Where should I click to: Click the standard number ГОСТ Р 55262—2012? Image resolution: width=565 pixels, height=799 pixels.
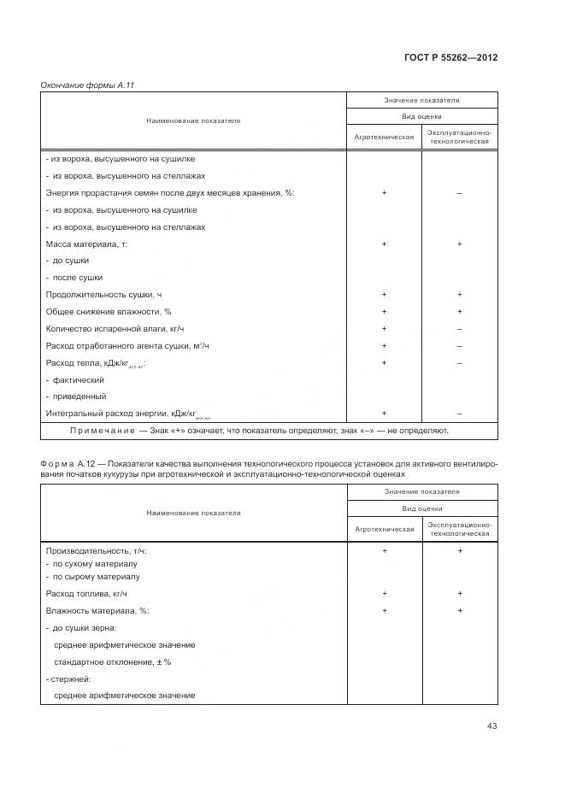[x=450, y=57]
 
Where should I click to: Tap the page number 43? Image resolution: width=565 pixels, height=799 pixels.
[x=491, y=726]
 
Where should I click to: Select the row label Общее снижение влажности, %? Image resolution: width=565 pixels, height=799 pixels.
[x=108, y=312]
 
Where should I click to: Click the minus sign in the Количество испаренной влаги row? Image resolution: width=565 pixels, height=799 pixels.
[x=459, y=329]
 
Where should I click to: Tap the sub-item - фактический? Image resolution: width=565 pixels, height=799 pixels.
[x=75, y=379]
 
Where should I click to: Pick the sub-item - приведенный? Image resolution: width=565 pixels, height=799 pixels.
[x=76, y=397]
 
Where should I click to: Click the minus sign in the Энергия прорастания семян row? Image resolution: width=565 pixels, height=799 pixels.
[x=459, y=193]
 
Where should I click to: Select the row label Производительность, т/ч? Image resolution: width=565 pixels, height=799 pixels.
[x=95, y=551]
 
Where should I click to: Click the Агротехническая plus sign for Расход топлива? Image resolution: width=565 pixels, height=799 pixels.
[x=384, y=593]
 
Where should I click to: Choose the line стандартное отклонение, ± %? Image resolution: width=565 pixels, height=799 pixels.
[x=112, y=661]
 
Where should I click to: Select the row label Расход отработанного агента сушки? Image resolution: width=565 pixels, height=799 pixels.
[x=127, y=346]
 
